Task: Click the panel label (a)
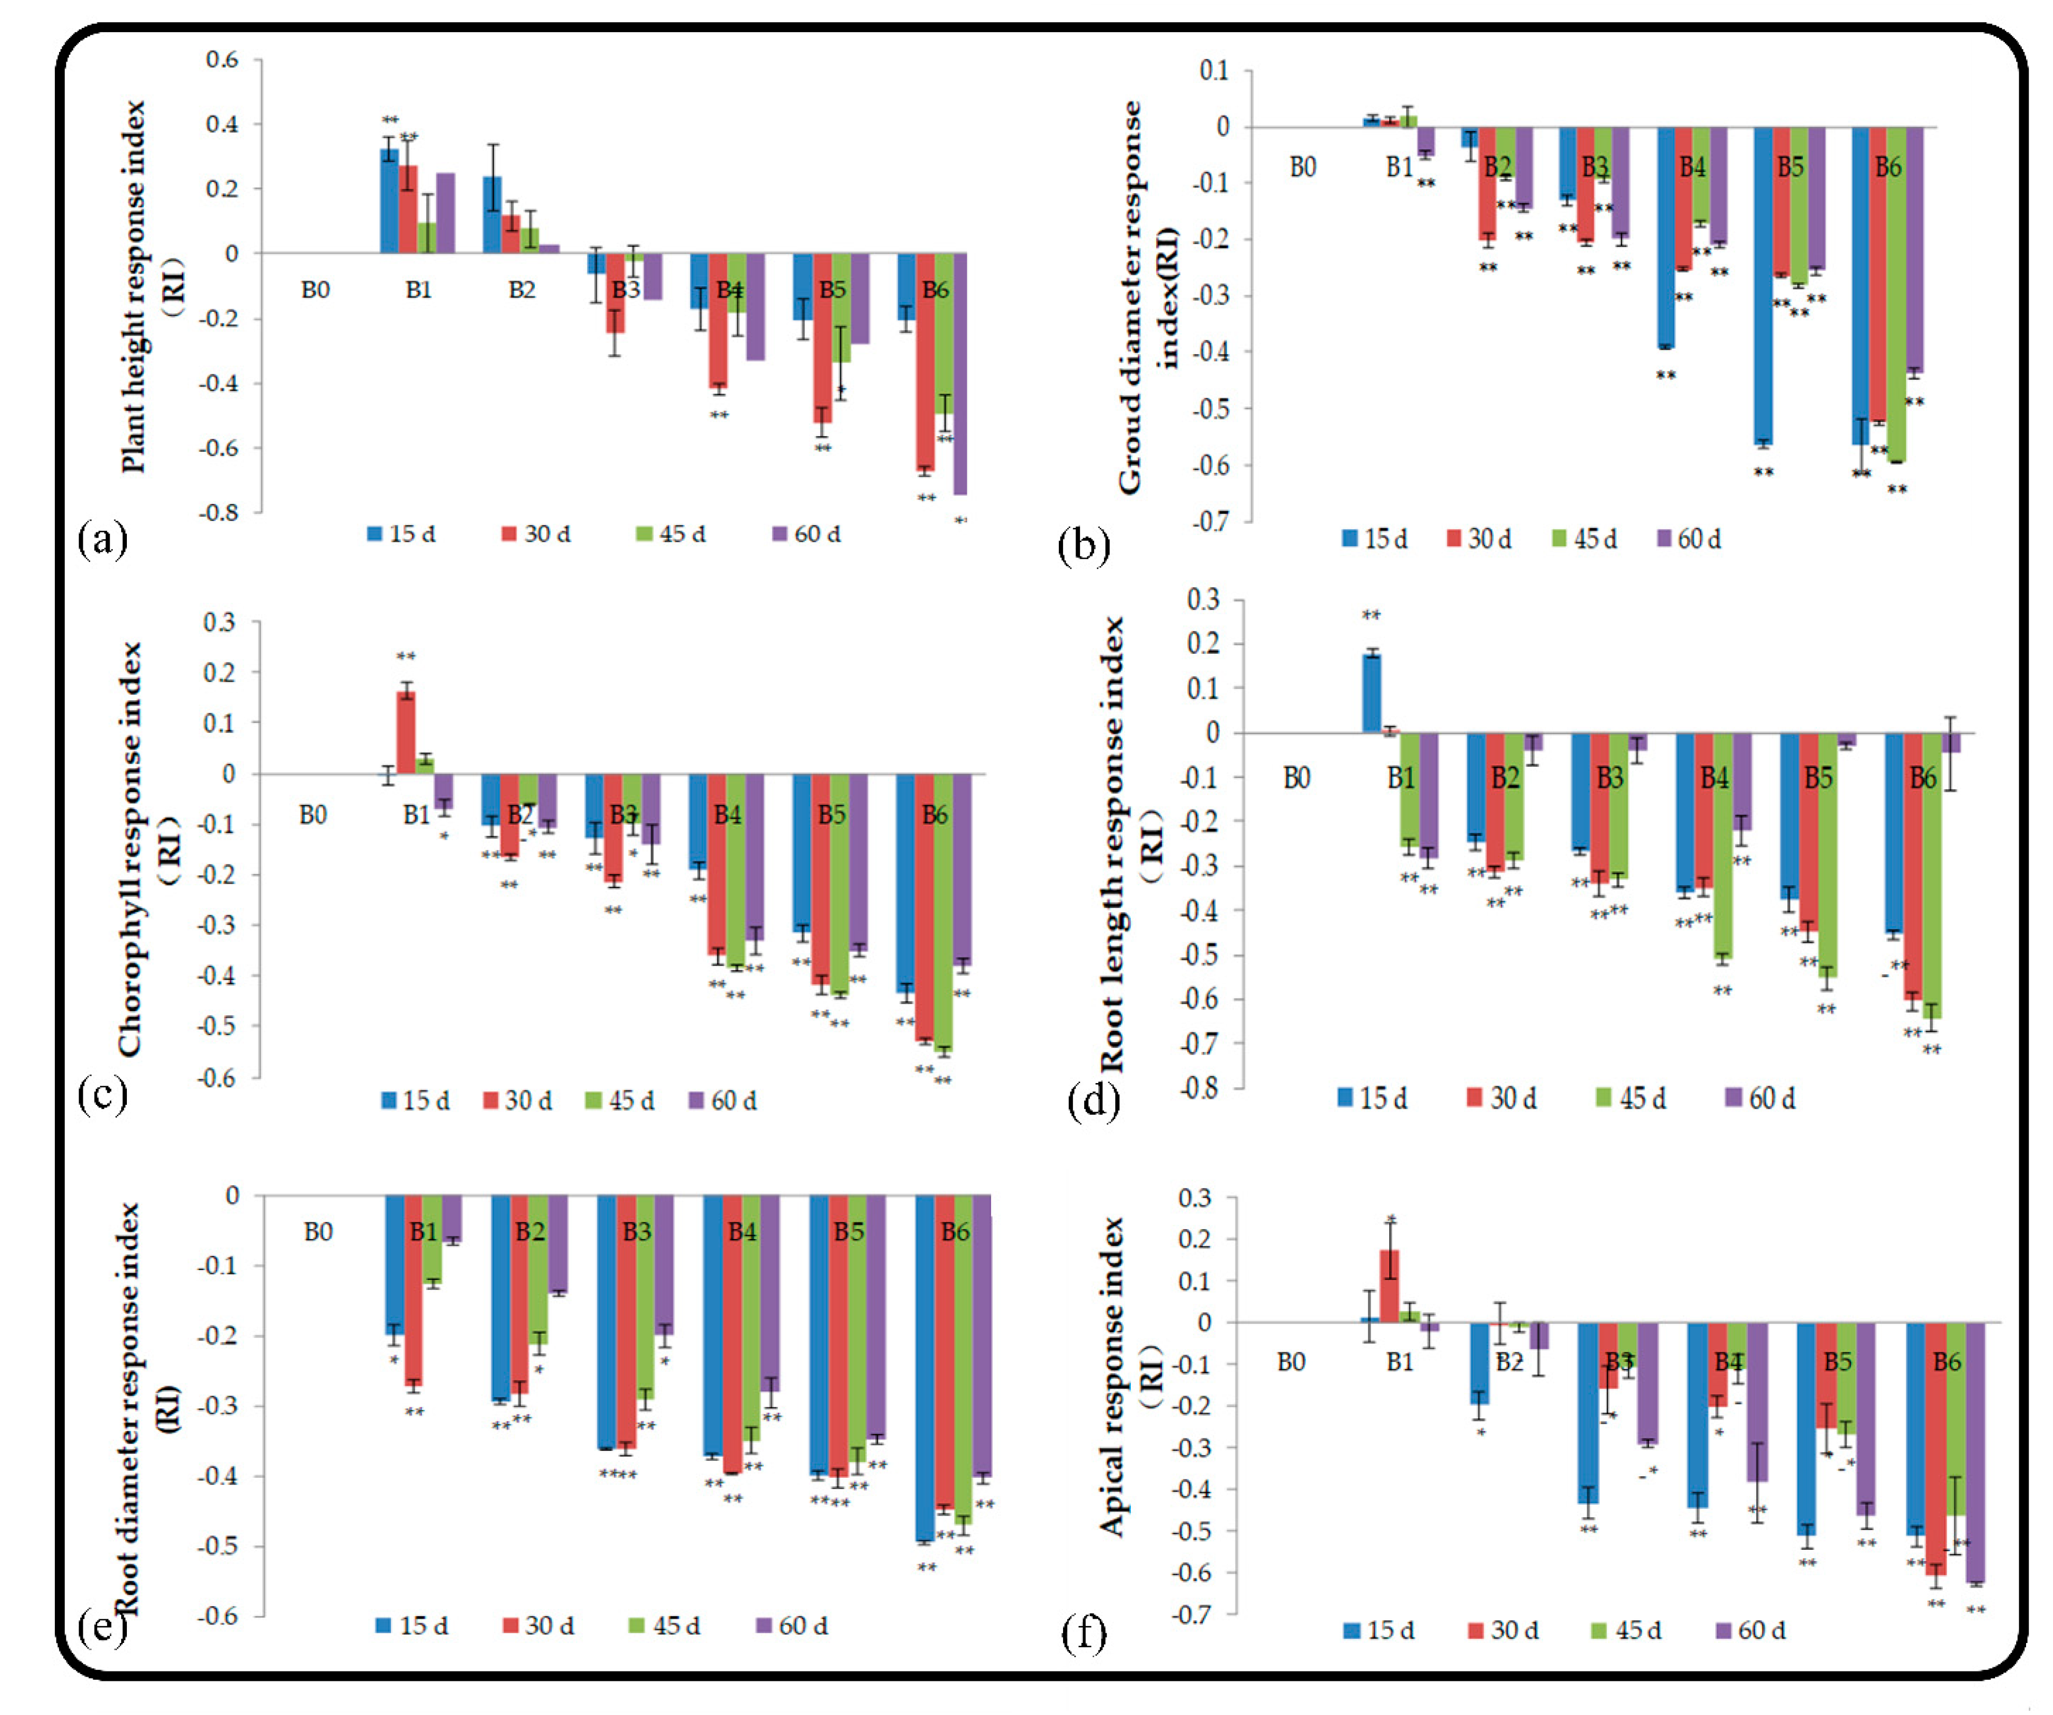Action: coord(101,539)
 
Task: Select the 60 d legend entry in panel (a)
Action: coord(807,534)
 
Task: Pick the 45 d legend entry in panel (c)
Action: coord(620,1101)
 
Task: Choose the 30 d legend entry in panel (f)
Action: coord(1504,1630)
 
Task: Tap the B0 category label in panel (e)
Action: coord(318,1232)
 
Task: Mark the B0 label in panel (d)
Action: coord(1297,779)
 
